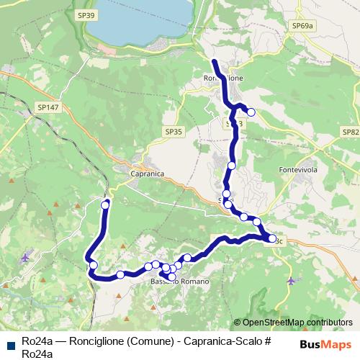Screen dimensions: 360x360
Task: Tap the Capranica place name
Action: click(x=148, y=174)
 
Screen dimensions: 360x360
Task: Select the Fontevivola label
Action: click(x=297, y=170)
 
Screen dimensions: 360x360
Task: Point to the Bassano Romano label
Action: click(x=180, y=282)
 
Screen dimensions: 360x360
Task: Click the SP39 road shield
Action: click(x=86, y=15)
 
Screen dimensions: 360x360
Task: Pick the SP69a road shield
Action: click(x=302, y=26)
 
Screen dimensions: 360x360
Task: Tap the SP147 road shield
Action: click(x=48, y=107)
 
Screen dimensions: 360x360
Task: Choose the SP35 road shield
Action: click(x=174, y=132)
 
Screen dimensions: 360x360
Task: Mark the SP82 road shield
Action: click(x=350, y=132)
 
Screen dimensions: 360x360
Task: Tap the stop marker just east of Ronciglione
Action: click(x=251, y=112)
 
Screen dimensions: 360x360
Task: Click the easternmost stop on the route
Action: click(x=272, y=238)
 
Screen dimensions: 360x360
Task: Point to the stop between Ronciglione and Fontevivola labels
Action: click(x=232, y=166)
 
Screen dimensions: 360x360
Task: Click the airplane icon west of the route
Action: click(x=26, y=257)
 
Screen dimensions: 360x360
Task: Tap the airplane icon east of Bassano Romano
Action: click(x=290, y=280)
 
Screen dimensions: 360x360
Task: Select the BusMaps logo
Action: click(x=325, y=344)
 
